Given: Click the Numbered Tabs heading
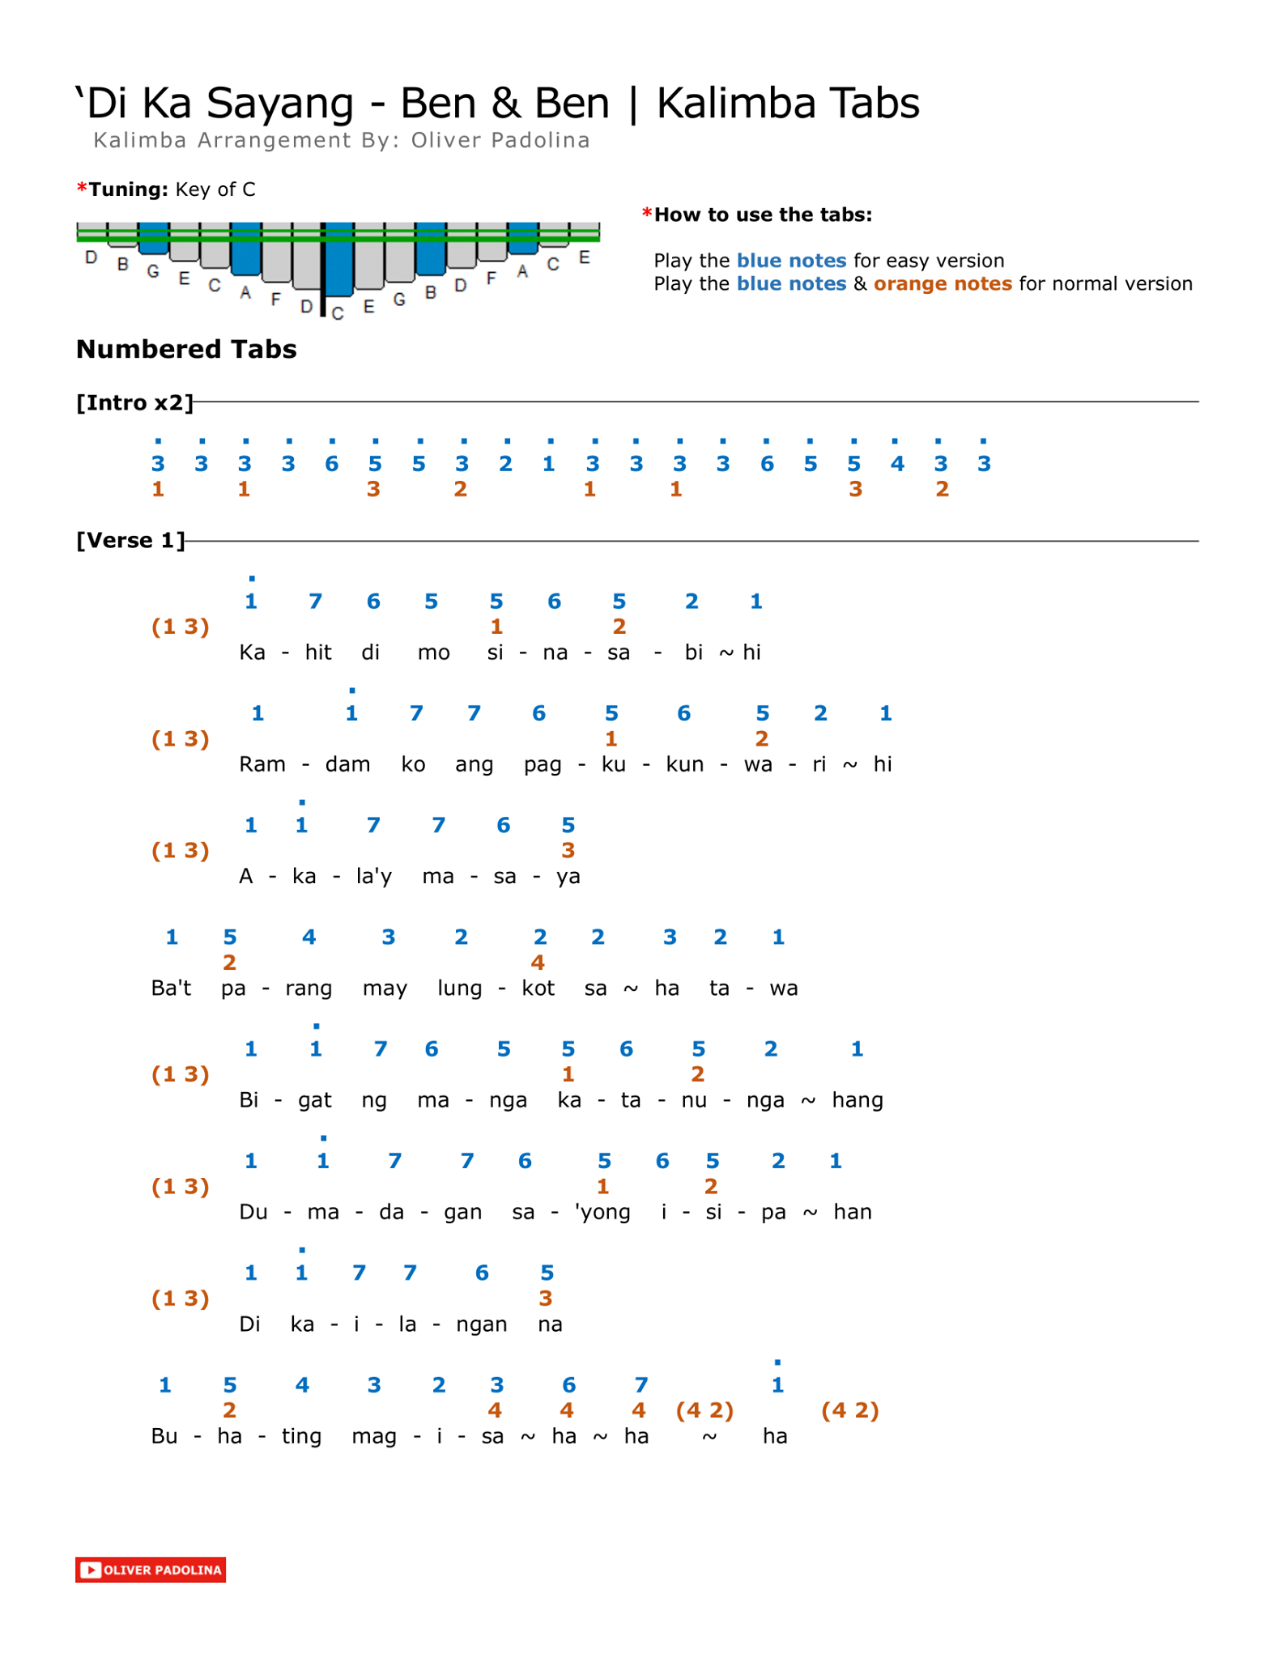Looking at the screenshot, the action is pos(186,349).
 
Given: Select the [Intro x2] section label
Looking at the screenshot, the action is pos(135,402).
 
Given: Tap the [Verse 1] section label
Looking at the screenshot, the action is pos(131,540).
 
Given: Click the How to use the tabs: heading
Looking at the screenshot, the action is pos(763,215).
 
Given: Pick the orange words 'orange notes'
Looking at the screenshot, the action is pos(943,283).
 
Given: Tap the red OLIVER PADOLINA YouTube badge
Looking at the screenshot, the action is pos(151,1570).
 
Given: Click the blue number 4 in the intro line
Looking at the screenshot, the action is pos(897,464).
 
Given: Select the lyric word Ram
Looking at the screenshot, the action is pos(262,764).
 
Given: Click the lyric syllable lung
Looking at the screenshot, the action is pos(459,988).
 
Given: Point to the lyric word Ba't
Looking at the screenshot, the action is pos(172,988).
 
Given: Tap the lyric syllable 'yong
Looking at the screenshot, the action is pos(602,1213).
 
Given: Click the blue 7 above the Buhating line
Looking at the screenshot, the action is pos(640,1385).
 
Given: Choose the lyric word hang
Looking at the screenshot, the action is pos(858,1101).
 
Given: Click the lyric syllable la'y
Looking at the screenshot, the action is pos(374,877).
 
